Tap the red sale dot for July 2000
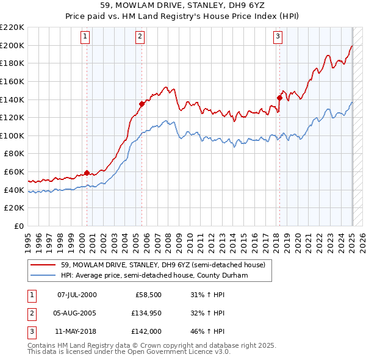tap(87, 172)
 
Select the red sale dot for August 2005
tap(142, 103)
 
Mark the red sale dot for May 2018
tap(279, 97)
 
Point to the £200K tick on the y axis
tap(13, 45)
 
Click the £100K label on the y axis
tap(13, 135)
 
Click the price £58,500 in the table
tap(148, 295)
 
